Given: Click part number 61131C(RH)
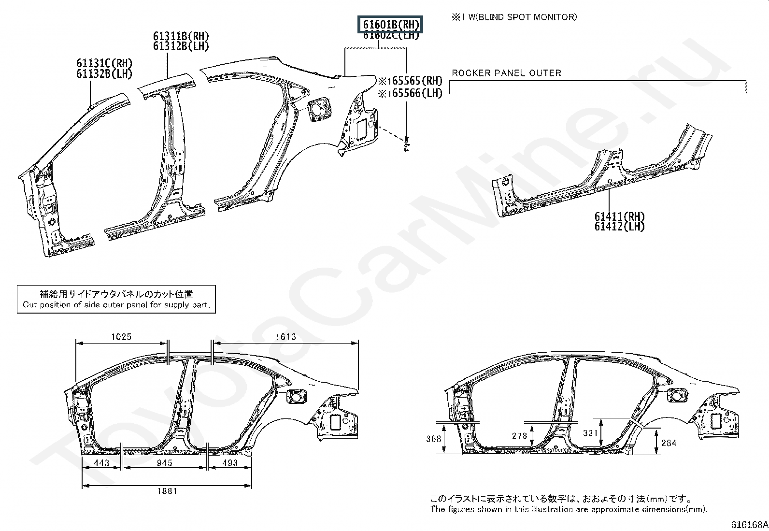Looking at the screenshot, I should (x=104, y=63).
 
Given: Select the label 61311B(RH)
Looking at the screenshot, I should (x=181, y=36).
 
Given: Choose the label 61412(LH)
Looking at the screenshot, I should (x=619, y=227).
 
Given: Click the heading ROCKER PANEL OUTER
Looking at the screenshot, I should (x=506, y=73).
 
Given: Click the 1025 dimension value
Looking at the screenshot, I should (x=121, y=337).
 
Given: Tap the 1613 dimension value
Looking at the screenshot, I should (x=285, y=337).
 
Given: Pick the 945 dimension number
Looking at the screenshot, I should (x=164, y=463).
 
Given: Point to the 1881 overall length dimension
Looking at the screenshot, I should (x=167, y=491).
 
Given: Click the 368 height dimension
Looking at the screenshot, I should (x=434, y=439).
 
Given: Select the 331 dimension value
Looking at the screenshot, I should (x=590, y=433).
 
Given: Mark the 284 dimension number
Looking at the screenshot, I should (x=669, y=443).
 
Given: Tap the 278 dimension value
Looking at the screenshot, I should (x=519, y=436).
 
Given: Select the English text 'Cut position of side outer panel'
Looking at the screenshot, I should (x=116, y=305).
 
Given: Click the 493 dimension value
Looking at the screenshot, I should (x=230, y=463).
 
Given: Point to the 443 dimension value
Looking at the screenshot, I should (x=101, y=463).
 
